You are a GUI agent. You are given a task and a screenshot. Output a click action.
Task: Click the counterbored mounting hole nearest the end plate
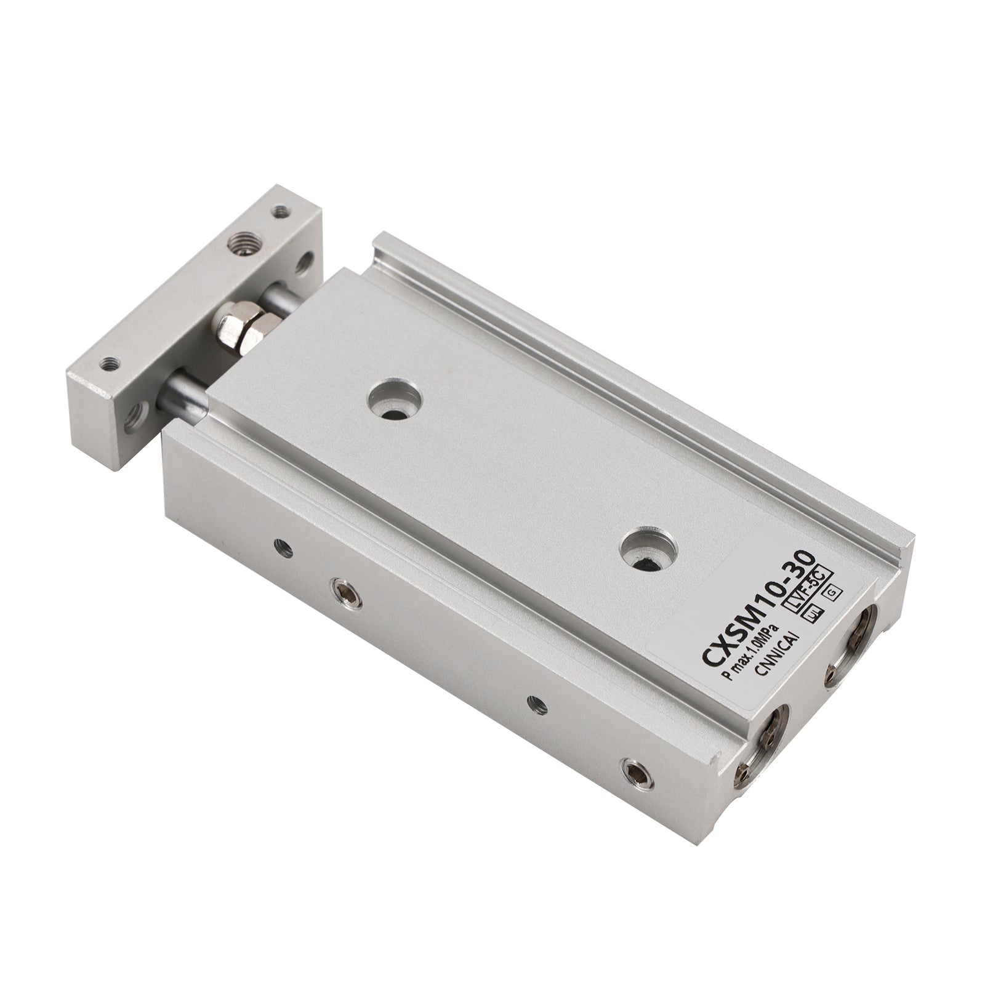coord(395,403)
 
